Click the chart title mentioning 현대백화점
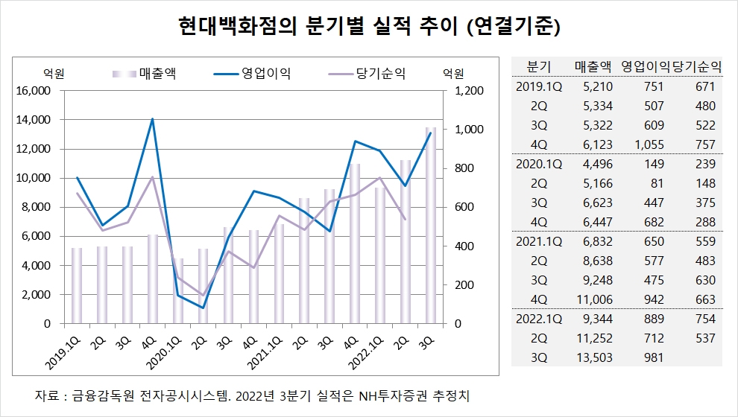(x=369, y=28)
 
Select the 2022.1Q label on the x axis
(x=367, y=350)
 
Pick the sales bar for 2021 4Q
(x=355, y=243)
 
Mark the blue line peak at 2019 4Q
(x=152, y=119)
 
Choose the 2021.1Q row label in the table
(x=538, y=241)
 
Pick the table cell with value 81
(x=651, y=183)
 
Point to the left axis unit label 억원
(x=54, y=73)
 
